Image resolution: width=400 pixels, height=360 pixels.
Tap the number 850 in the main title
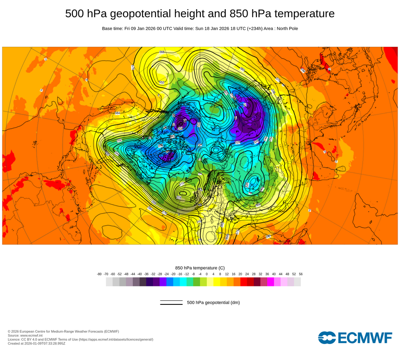(238, 14)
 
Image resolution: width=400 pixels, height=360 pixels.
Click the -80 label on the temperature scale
(99, 274)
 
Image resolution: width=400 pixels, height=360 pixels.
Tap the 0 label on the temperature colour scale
(207, 274)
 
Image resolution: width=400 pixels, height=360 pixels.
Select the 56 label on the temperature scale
(301, 274)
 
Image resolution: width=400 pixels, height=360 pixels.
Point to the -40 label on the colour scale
(140, 274)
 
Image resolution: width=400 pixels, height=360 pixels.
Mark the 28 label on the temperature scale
(254, 274)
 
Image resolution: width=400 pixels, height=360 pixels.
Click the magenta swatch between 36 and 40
(270, 282)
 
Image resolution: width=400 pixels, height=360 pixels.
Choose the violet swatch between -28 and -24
(163, 282)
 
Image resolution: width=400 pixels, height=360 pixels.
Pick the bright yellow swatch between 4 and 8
(217, 282)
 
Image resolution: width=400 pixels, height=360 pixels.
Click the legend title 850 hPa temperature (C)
(200, 268)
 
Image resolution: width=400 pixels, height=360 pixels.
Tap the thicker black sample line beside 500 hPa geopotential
(171, 304)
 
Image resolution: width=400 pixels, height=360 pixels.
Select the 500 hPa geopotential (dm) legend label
(213, 302)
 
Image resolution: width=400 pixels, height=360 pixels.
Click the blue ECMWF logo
(355, 338)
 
